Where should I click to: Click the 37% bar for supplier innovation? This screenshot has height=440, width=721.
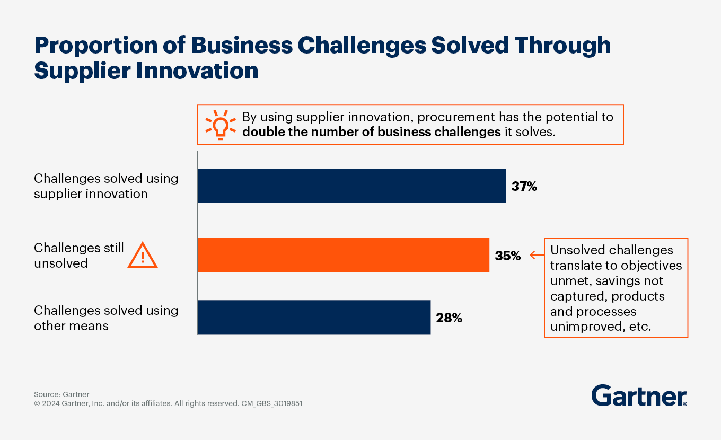point(351,186)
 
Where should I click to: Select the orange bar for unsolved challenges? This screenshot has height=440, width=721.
point(343,255)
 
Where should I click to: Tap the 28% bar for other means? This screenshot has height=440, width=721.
point(313,317)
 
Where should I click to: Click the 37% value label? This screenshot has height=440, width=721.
point(524,186)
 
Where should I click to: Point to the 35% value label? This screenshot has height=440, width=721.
point(508,256)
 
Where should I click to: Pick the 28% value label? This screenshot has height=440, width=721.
point(449,318)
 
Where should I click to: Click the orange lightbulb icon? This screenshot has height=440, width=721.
point(220,125)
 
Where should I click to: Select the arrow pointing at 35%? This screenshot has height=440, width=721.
point(537,256)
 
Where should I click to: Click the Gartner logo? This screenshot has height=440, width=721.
point(639,396)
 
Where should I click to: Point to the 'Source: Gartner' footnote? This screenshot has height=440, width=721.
point(61,394)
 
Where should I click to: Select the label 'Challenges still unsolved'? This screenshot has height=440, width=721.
point(79,256)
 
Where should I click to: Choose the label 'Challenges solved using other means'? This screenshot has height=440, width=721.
point(106,318)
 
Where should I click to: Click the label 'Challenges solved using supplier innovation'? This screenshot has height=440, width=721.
point(106,186)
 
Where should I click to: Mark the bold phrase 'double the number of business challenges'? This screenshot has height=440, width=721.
point(371,132)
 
